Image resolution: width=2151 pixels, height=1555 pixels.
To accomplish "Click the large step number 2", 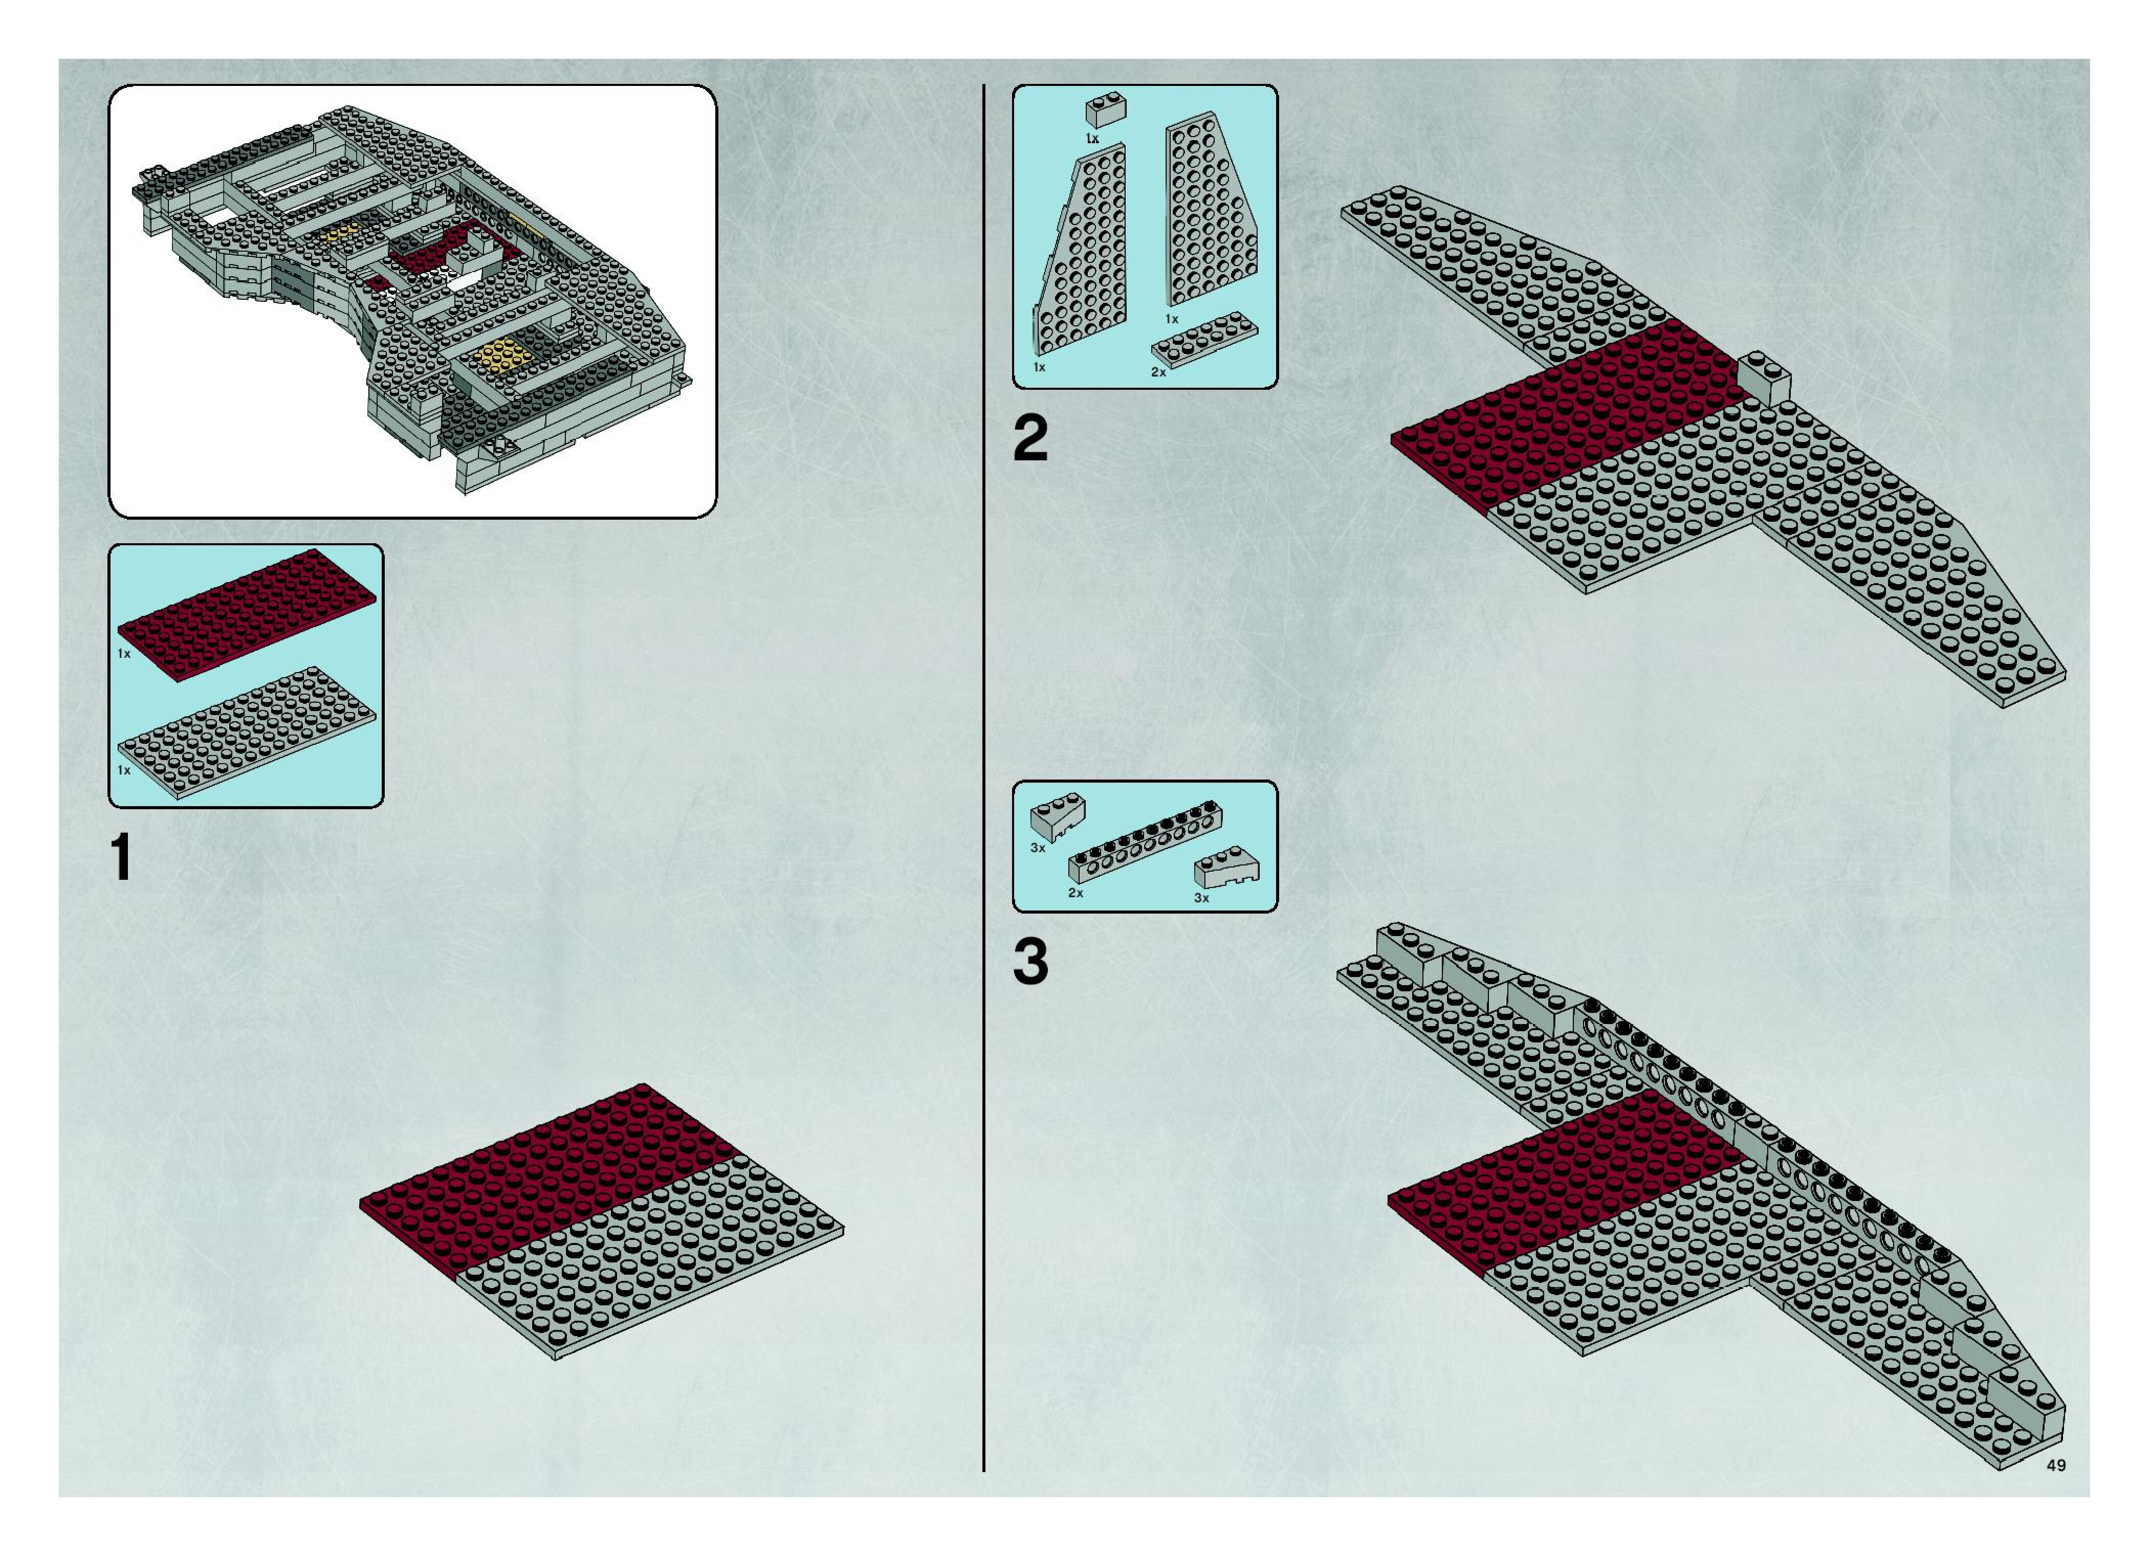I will click(1031, 440).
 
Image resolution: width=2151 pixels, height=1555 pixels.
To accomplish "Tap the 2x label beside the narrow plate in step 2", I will click(1158, 372).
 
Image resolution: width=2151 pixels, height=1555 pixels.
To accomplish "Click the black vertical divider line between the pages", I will click(984, 759).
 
